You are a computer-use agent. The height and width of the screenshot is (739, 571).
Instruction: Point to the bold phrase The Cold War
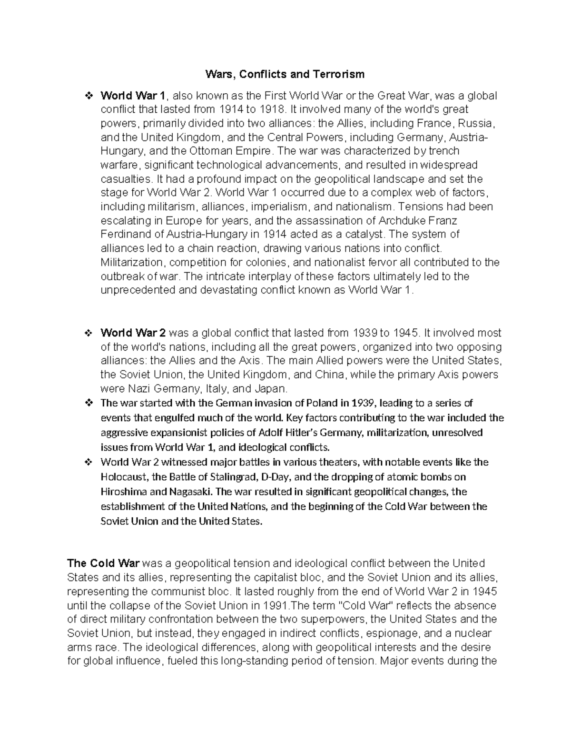pos(103,563)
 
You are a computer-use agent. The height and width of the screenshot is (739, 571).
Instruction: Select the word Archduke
pos(400,221)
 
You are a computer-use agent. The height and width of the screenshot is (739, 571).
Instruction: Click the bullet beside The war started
pos(88,404)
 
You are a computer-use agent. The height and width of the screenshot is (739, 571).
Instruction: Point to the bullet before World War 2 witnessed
pos(88,462)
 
